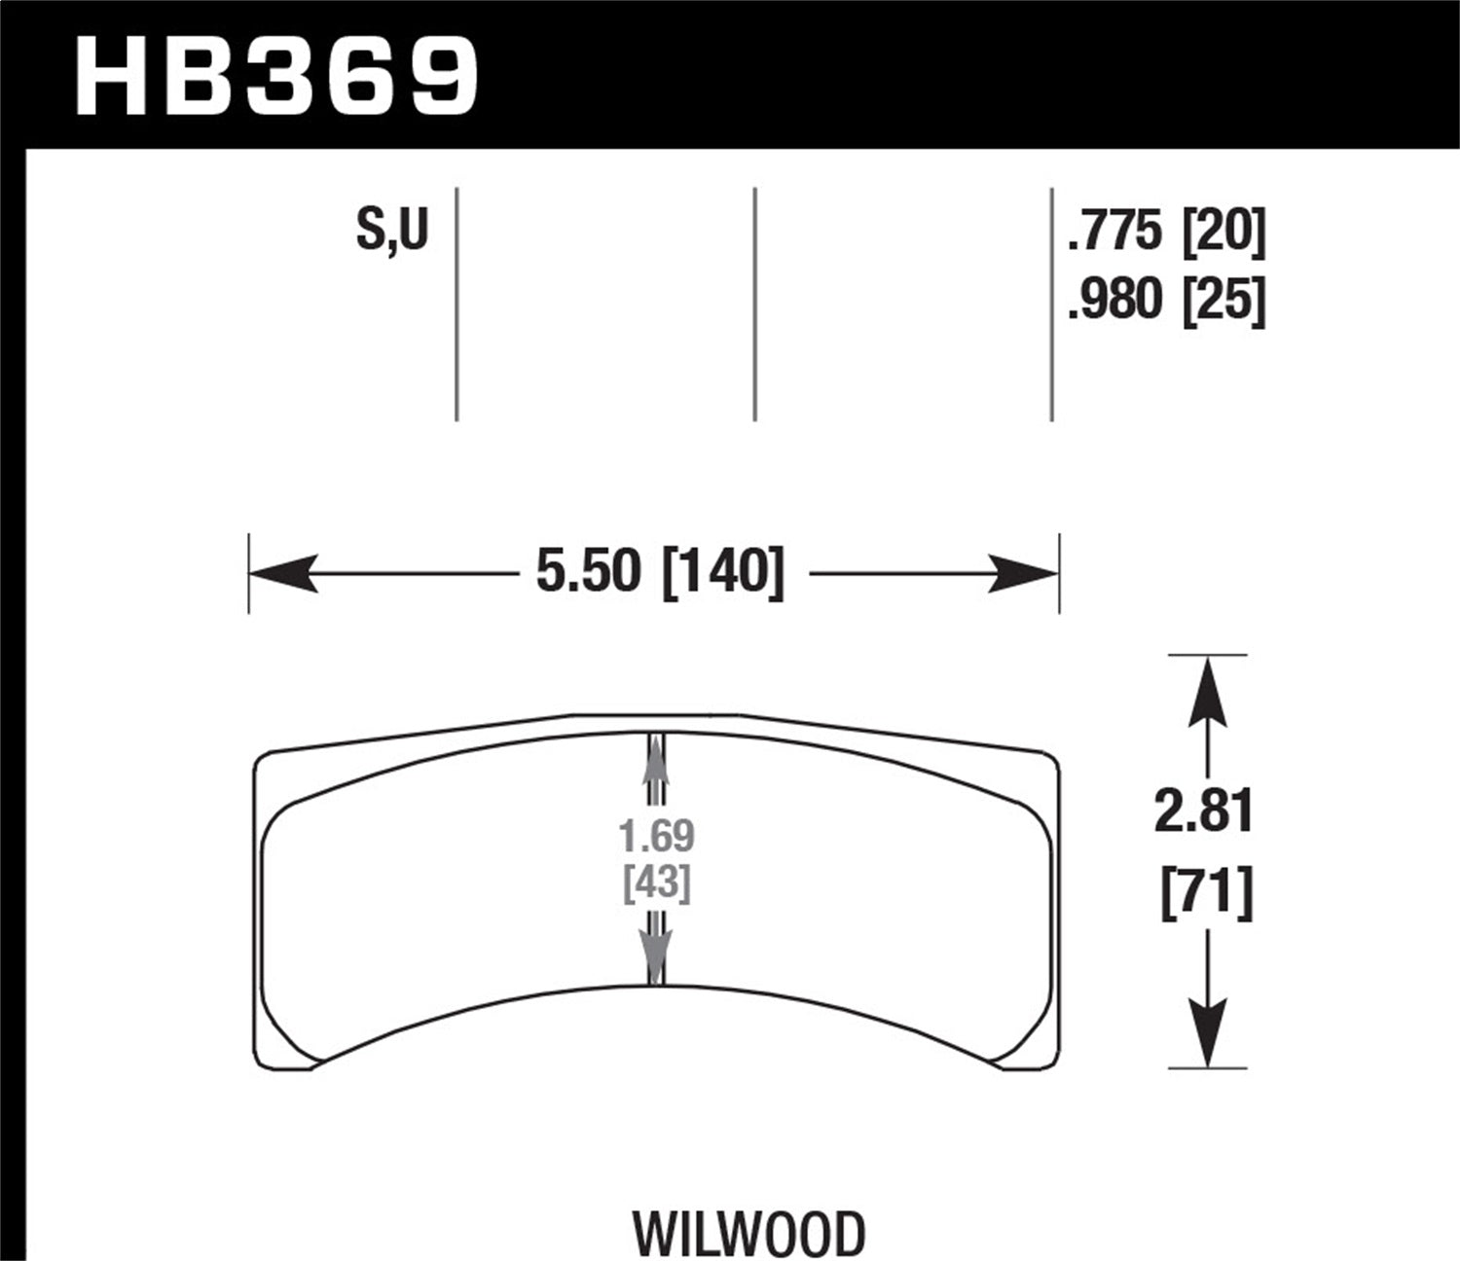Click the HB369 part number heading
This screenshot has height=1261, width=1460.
click(276, 76)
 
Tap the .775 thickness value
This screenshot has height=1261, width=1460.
click(1115, 234)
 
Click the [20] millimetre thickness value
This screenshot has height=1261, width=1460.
click(1223, 234)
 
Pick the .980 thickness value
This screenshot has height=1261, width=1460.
click(1115, 301)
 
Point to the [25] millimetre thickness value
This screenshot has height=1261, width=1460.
click(1223, 301)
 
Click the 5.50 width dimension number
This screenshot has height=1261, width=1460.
click(589, 572)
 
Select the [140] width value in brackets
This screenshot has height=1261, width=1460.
click(722, 572)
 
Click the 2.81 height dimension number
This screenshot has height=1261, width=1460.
click(1204, 811)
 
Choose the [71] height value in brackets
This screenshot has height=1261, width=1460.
click(1206, 893)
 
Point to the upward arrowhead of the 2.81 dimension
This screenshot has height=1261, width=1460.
click(1207, 691)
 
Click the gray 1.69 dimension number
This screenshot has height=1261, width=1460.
click(657, 836)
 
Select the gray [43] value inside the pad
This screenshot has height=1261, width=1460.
click(657, 883)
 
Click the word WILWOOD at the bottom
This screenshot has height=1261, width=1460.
click(749, 1233)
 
